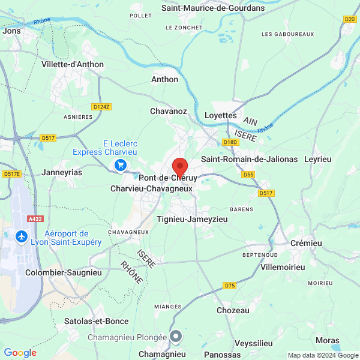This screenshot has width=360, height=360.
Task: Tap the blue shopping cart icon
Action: (x=121, y=165)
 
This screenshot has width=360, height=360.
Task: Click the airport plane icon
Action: (x=22, y=237)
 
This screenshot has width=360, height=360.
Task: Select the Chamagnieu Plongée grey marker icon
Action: (x=176, y=337)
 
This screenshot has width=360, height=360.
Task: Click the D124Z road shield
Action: (x=101, y=107)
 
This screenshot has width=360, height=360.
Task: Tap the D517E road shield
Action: (x=11, y=174)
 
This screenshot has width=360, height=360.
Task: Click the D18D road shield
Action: (x=230, y=142)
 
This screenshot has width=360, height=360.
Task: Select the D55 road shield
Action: (x=248, y=175)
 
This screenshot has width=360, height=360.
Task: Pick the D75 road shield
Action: (x=229, y=285)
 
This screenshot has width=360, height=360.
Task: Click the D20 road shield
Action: (x=350, y=19)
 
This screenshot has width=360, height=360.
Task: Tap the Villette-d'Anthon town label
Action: (x=73, y=64)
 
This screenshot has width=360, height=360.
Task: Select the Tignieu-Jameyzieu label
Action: (x=192, y=220)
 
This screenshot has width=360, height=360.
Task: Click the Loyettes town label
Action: (x=221, y=115)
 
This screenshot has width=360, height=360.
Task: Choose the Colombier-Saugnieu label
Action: (x=64, y=272)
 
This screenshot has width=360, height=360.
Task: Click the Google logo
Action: (x=20, y=353)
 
